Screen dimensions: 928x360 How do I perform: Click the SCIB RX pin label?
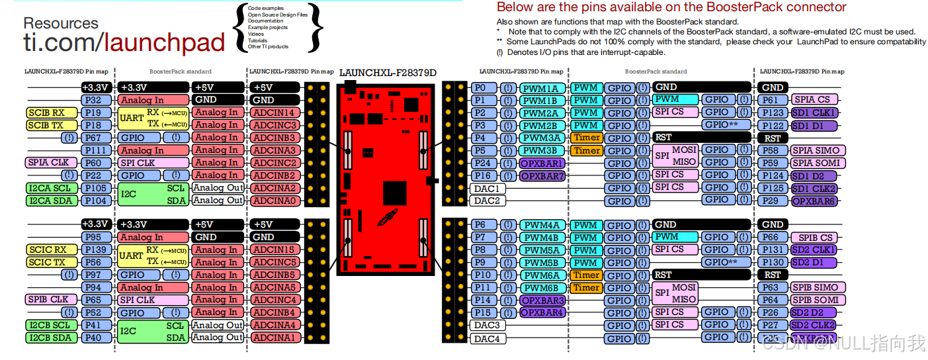47,112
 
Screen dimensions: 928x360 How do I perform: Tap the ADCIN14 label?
273,112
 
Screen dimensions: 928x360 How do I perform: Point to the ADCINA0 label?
273,201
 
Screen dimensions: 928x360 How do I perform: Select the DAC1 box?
487,189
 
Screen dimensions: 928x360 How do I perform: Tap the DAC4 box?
487,339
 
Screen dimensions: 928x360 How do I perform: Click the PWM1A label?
543,88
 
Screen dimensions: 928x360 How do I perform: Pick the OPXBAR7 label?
543,176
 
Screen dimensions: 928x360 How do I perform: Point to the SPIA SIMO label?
816,151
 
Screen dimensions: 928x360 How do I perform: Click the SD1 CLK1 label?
814,112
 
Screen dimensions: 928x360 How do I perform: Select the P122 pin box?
772,126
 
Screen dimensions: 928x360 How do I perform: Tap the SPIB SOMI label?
816,300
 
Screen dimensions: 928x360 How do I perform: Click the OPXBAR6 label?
814,201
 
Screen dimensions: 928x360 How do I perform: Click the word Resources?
61,23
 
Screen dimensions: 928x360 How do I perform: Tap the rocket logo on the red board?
386,217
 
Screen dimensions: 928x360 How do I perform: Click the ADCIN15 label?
273,249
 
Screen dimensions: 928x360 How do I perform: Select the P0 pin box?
481,88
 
